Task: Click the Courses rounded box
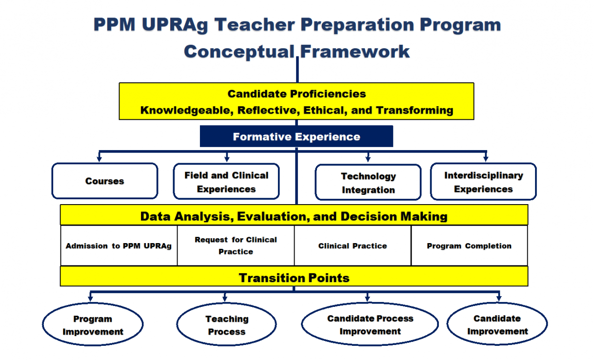(105, 181)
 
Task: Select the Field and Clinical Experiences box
(226, 182)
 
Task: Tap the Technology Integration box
(368, 183)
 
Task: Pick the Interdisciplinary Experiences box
(483, 182)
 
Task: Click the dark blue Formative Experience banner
(297, 137)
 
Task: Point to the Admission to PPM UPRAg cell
(119, 246)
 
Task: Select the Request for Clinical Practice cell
(236, 246)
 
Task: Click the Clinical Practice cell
(353, 246)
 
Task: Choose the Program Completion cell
(469, 246)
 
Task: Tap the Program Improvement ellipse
(93, 325)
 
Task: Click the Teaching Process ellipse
(226, 325)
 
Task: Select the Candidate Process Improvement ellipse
(370, 324)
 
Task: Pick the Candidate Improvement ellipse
(497, 324)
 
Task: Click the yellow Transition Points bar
(294, 278)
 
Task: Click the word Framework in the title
(355, 51)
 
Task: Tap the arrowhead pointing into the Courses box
(99, 158)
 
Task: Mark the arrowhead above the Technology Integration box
(368, 158)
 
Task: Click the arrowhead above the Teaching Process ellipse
(225, 298)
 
